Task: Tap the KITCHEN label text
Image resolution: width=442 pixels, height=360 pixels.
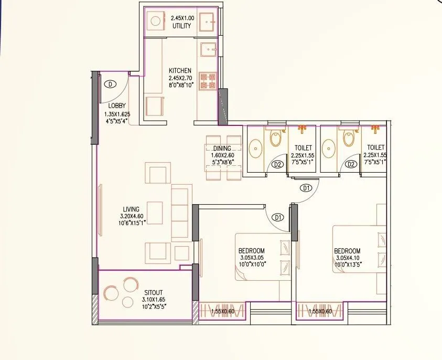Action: click(180, 70)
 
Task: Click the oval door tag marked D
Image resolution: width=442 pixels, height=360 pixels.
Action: click(111, 83)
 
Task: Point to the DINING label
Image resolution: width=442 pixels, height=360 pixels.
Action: click(222, 149)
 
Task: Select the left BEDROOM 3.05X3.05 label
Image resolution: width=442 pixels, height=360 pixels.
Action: click(252, 251)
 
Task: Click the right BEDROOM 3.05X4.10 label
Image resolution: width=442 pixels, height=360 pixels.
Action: click(347, 251)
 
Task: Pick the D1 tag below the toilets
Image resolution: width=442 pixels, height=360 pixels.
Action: click(306, 187)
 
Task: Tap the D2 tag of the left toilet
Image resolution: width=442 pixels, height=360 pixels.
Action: click(278, 165)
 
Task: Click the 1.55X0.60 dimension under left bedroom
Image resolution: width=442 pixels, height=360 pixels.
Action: click(222, 312)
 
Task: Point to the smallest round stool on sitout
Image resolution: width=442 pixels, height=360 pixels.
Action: click(127, 302)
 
